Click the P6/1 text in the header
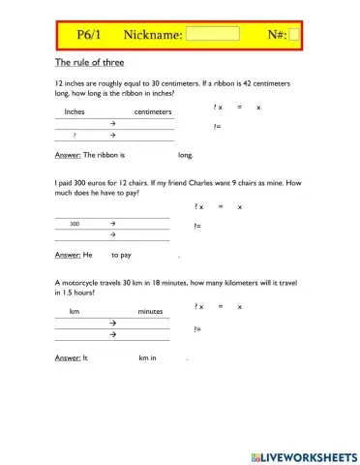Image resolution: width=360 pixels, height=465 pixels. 93,36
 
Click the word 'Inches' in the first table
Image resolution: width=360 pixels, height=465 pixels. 75,112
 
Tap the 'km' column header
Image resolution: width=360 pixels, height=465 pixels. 75,311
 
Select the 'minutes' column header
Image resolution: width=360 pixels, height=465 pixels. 150,311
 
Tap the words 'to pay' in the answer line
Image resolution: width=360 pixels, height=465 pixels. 121,255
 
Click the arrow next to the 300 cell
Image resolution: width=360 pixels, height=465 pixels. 113,223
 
